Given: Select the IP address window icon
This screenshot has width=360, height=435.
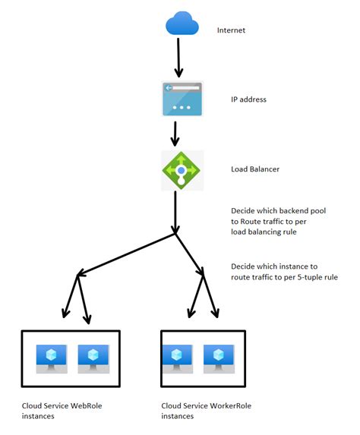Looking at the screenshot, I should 182,98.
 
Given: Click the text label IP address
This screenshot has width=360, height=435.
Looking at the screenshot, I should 249,99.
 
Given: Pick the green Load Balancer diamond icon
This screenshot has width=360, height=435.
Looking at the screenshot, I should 182,170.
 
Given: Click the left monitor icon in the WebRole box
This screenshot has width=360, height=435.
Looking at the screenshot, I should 52,358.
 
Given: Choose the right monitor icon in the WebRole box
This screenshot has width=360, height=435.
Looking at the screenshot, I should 93,358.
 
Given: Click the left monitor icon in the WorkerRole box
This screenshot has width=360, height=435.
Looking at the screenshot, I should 176,358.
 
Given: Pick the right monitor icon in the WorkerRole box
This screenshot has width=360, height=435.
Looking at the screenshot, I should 218,358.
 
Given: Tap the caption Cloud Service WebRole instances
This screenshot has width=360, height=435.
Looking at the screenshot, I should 62,411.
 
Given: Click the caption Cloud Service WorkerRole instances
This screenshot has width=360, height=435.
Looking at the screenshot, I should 207,411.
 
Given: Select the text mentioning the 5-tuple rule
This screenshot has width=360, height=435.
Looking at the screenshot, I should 283,272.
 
